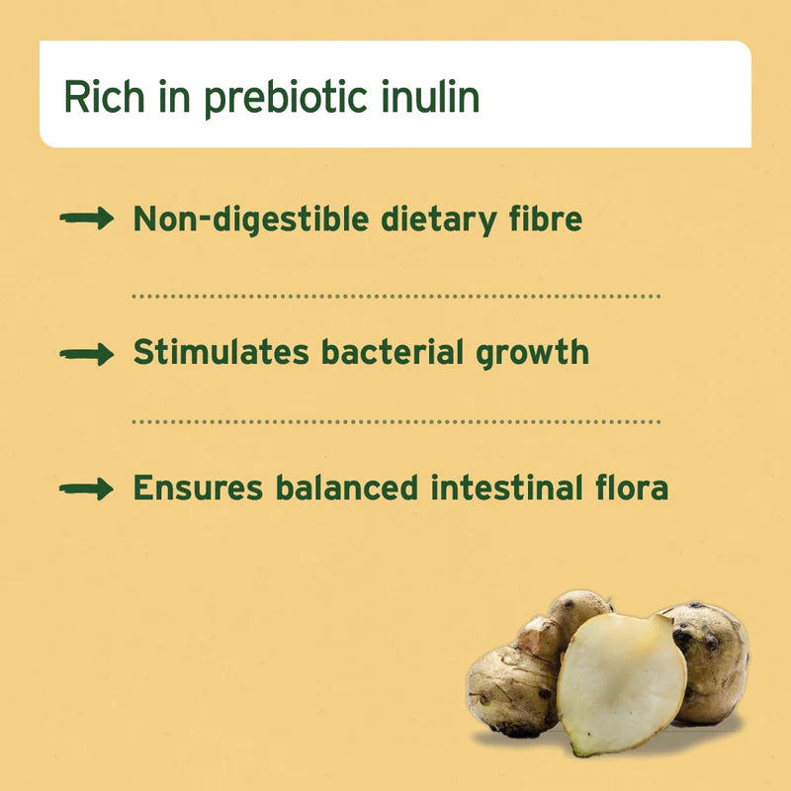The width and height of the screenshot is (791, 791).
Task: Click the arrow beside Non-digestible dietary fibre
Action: (87, 220)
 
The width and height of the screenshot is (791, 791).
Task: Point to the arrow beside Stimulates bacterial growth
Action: (87, 354)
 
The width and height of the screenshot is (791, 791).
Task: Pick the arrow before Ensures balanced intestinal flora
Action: (87, 487)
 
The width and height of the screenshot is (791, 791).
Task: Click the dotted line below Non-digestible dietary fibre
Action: (395, 296)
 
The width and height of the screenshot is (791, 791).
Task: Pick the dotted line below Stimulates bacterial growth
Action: (395, 421)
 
